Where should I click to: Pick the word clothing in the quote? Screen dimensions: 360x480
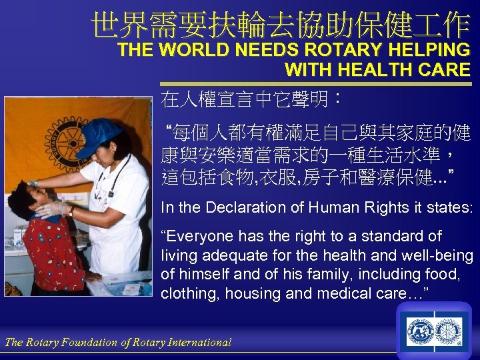tap(187, 293)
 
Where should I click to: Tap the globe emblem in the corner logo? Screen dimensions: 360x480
tap(421, 331)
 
